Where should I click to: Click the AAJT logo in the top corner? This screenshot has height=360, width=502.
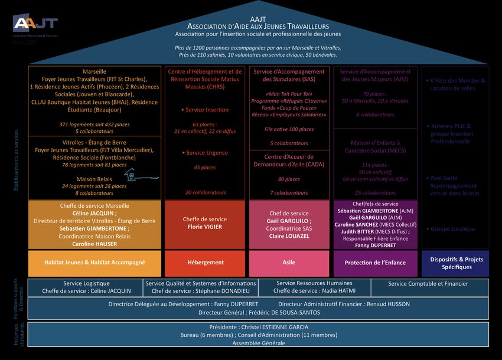pyautogui.click(x=35, y=24)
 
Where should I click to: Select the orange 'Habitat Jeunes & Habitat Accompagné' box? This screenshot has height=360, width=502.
pyautogui.click(x=94, y=262)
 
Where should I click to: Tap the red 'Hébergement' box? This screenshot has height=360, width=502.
pyautogui.click(x=205, y=262)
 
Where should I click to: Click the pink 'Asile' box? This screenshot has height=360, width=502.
pyautogui.click(x=289, y=262)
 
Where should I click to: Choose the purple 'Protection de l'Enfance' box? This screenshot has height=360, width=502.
pyautogui.click(x=375, y=262)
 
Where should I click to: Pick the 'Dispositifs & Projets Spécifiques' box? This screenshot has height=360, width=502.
pyautogui.click(x=455, y=263)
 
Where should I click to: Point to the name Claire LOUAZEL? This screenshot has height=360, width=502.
pyautogui.click(x=289, y=236)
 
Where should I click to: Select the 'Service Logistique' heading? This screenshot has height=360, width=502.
pyautogui.click(x=86, y=283)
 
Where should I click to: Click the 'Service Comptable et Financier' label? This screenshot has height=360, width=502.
pyautogui.click(x=428, y=284)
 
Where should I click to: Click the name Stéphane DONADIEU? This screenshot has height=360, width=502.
pyautogui.click(x=224, y=291)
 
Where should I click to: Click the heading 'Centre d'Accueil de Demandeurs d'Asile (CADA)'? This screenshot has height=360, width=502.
pyautogui.click(x=289, y=161)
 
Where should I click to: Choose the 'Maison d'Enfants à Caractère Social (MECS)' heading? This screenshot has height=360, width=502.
pyautogui.click(x=375, y=146)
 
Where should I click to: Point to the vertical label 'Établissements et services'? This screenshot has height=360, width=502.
pyautogui.click(x=16, y=159)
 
